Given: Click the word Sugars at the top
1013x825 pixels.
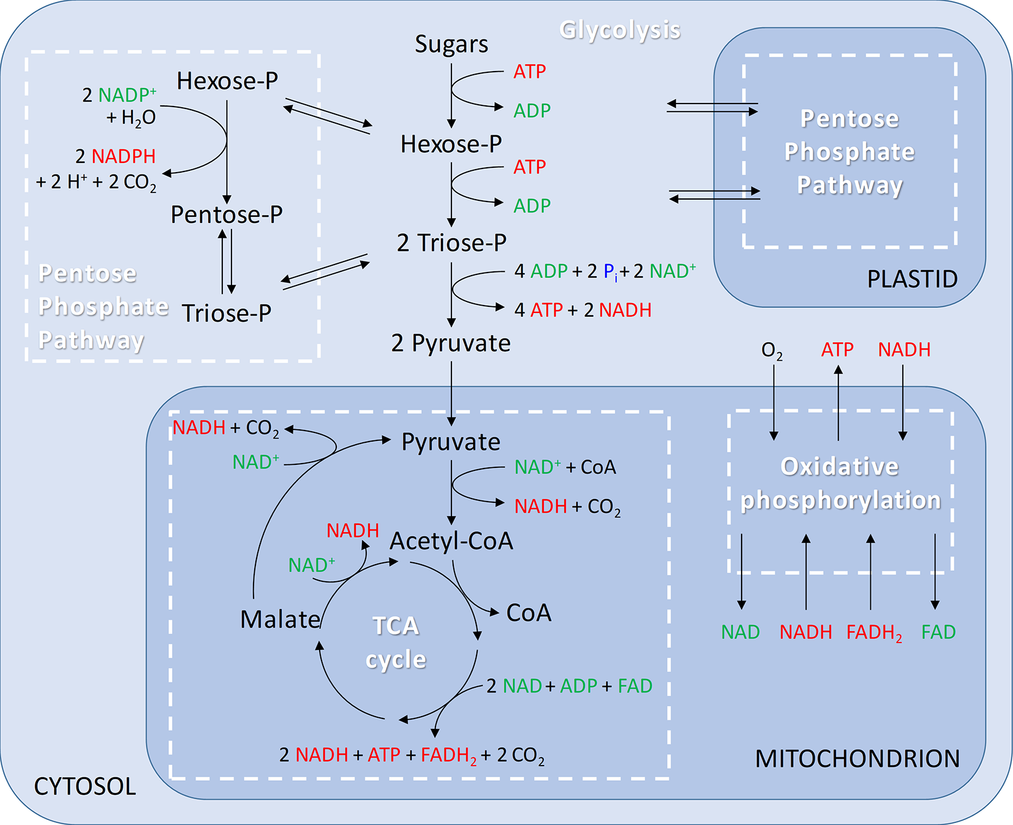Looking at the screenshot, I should pos(451,44).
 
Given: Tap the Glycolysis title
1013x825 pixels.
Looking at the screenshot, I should pos(620,29).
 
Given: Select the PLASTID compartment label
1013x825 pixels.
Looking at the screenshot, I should pos(912,279).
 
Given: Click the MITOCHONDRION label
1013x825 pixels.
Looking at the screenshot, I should pos(857,759).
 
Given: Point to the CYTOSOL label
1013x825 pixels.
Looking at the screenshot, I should pos(85,786).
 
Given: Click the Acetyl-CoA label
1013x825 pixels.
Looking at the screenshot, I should pos(451,541).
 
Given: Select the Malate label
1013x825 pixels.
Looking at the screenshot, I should pos(281,619).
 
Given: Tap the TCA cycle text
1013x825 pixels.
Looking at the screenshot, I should pos(396,642).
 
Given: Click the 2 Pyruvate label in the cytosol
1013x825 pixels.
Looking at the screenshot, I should pos(451,343).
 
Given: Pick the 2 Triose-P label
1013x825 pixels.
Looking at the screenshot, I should pos(451,243).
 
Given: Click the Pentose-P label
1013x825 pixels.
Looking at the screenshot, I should pos(227,214).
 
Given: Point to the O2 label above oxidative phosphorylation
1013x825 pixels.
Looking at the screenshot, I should pos(772,351).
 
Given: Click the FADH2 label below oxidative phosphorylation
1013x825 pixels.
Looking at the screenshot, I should pos(874,633).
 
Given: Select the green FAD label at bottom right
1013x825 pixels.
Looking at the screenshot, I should pos(938,632).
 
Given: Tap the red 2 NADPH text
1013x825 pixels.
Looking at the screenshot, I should pos(116,156).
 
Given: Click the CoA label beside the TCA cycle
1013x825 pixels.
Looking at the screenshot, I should pos(529,612).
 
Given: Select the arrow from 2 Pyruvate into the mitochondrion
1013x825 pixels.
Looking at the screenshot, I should pos(451,392).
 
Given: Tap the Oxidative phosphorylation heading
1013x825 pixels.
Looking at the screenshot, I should pos(840,483).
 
